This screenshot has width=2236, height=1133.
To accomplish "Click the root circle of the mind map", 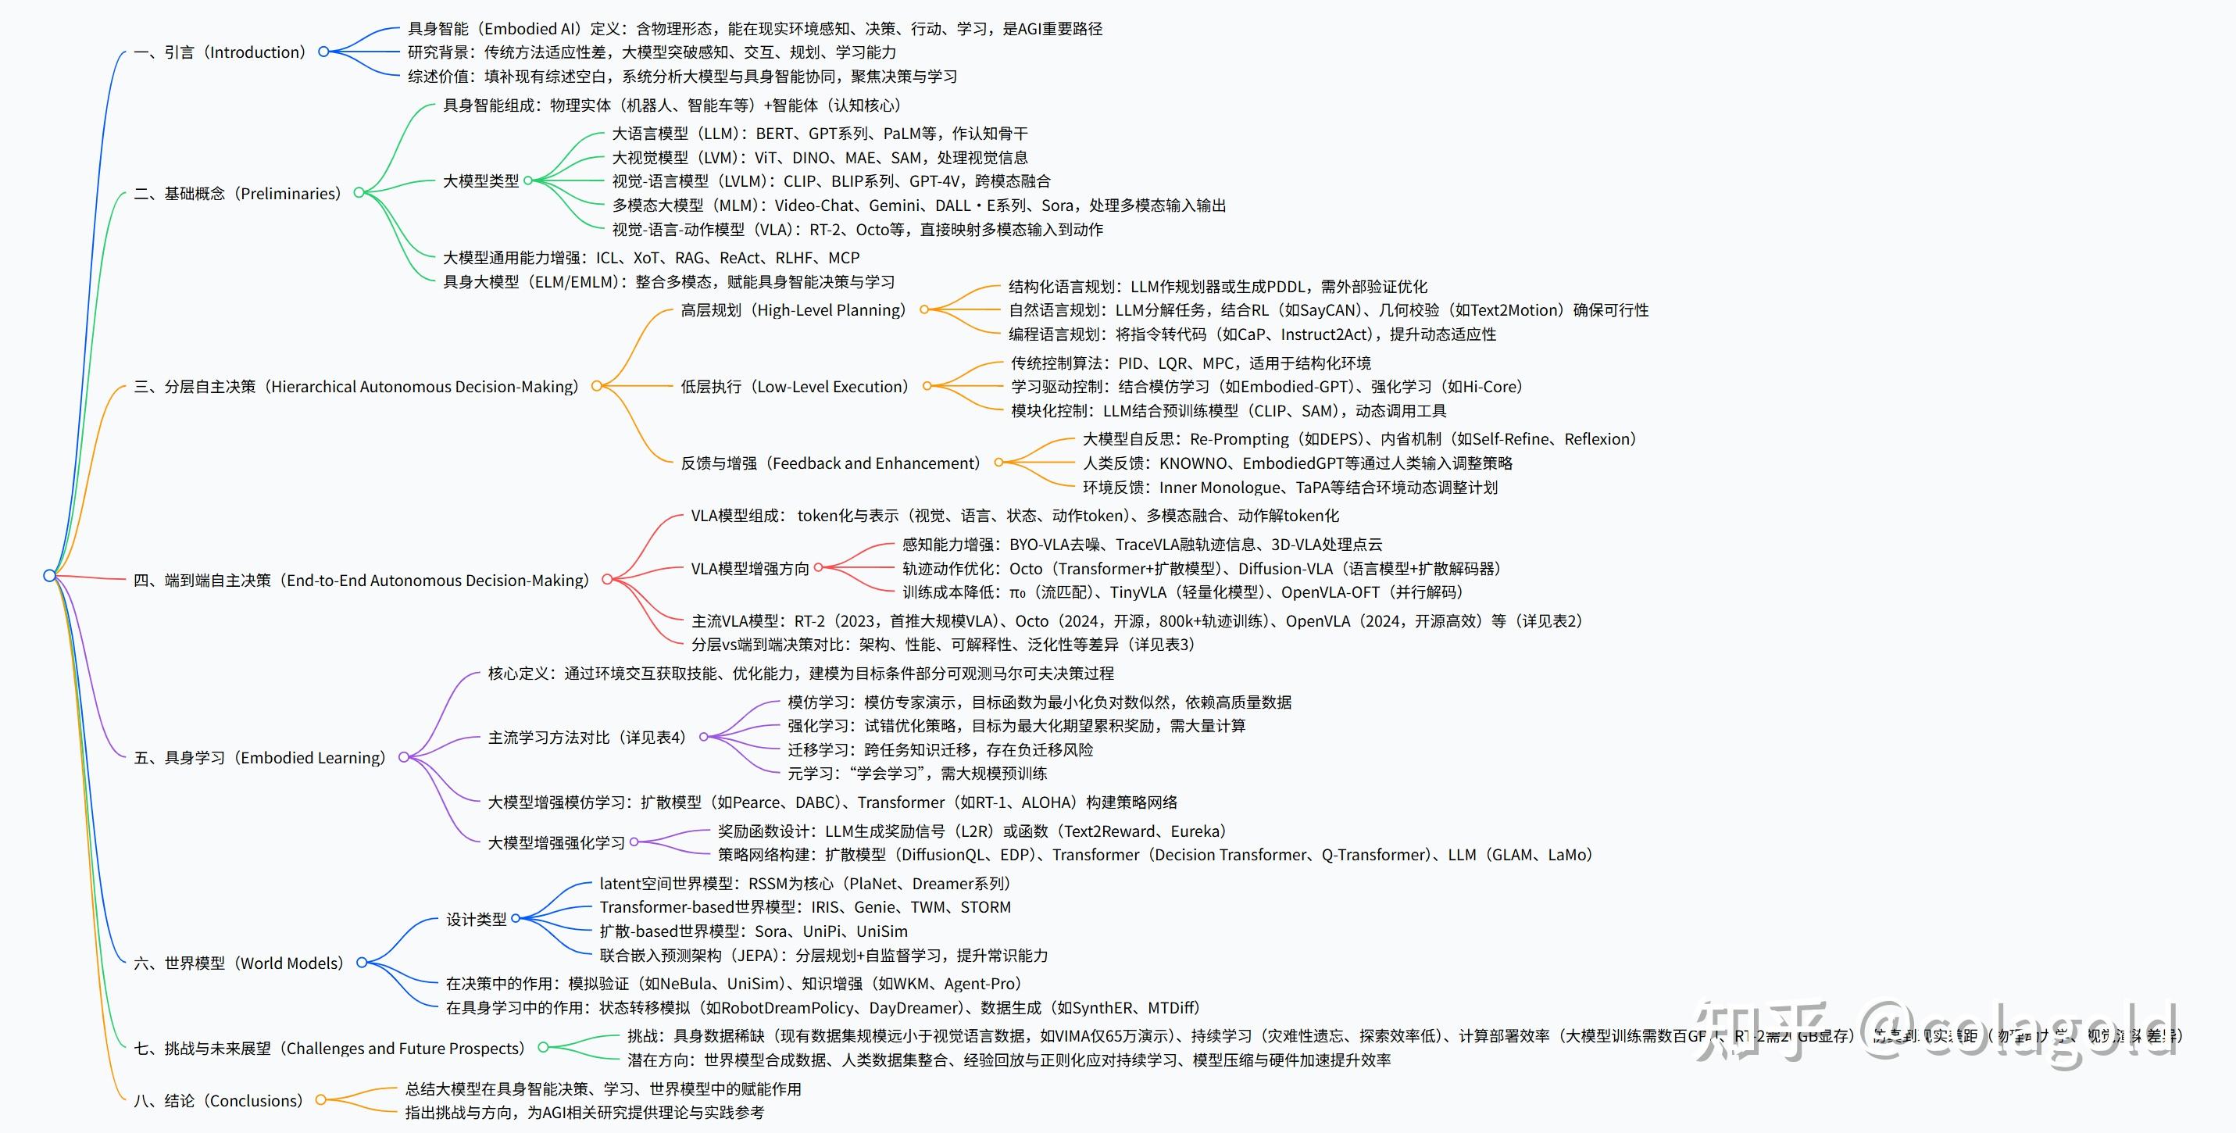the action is pos(49,576).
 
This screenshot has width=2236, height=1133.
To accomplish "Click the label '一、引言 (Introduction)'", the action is pos(221,52).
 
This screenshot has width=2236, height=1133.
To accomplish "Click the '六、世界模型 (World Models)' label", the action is pos(240,963).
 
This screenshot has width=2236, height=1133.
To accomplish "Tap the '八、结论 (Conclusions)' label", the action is pos(220,1101).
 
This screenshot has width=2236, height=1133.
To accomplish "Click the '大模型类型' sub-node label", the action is pos(481,180).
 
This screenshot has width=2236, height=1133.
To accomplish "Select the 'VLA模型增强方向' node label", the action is pos(750,569).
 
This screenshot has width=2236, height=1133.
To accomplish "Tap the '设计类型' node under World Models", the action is pos(476,919).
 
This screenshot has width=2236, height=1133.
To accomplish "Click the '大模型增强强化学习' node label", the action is pos(556,843).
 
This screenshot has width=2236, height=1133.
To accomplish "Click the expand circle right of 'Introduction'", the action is pos(323,52).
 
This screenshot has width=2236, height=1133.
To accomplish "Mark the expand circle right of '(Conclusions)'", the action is pos(320,1100).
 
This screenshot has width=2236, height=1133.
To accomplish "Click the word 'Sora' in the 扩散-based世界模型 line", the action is pos(771,931).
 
